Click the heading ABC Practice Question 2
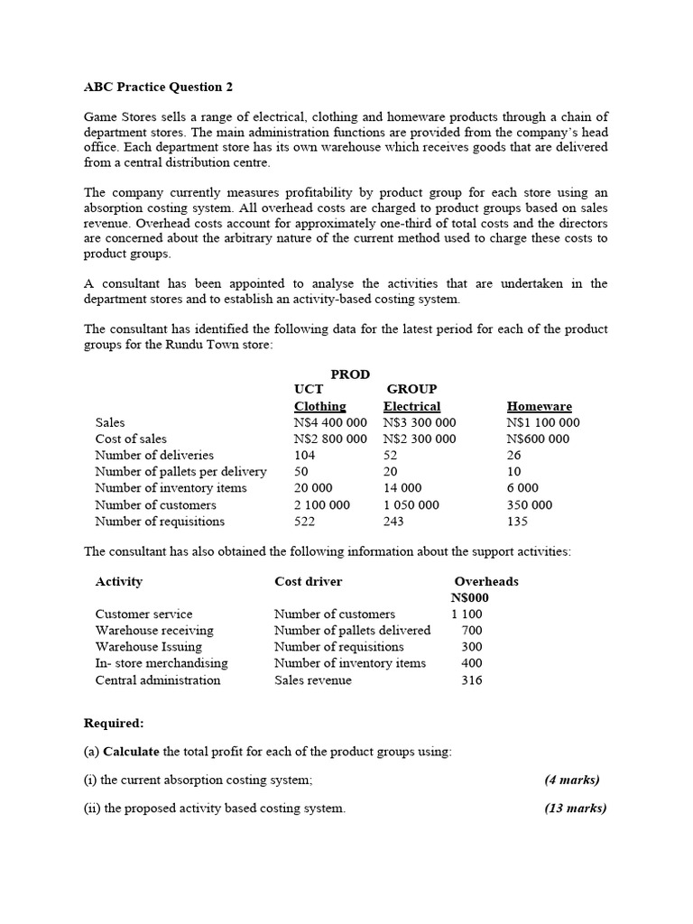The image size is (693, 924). click(x=152, y=87)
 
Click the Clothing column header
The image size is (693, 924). click(x=319, y=406)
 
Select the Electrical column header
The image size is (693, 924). click(x=411, y=406)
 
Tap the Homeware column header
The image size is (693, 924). click(x=539, y=406)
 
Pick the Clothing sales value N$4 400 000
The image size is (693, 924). click(x=330, y=422)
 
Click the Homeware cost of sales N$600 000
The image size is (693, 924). click(x=538, y=439)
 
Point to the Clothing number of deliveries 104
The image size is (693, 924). click(x=305, y=455)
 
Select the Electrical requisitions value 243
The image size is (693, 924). click(x=393, y=521)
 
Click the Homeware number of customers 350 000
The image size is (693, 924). click(x=530, y=504)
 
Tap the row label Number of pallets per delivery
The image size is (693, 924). click(x=180, y=471)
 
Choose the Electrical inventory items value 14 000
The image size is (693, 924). click(x=403, y=487)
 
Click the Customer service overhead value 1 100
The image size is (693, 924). click(x=467, y=614)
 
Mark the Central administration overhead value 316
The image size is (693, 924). click(x=471, y=679)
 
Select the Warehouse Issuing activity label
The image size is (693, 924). click(x=148, y=646)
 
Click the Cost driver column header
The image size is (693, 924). click(x=308, y=581)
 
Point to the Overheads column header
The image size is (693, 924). click(x=485, y=581)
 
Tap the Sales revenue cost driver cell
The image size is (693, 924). click(x=312, y=679)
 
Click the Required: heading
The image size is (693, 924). click(x=114, y=723)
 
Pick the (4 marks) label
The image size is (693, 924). click(x=572, y=780)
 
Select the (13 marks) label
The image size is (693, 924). click(x=575, y=808)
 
